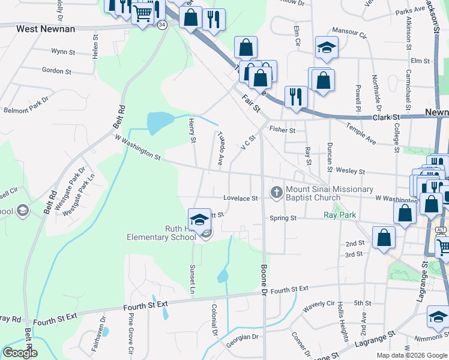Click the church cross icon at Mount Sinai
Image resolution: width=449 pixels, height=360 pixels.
[276, 193]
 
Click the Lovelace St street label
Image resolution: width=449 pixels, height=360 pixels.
[240, 198]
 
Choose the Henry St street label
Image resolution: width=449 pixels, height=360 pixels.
[193, 131]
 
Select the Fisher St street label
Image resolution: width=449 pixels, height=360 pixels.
[283, 130]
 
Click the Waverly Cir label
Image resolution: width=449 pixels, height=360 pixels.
[318, 305]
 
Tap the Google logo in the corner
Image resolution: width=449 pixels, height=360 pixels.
[19, 352]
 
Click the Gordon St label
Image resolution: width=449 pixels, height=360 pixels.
[57, 71]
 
